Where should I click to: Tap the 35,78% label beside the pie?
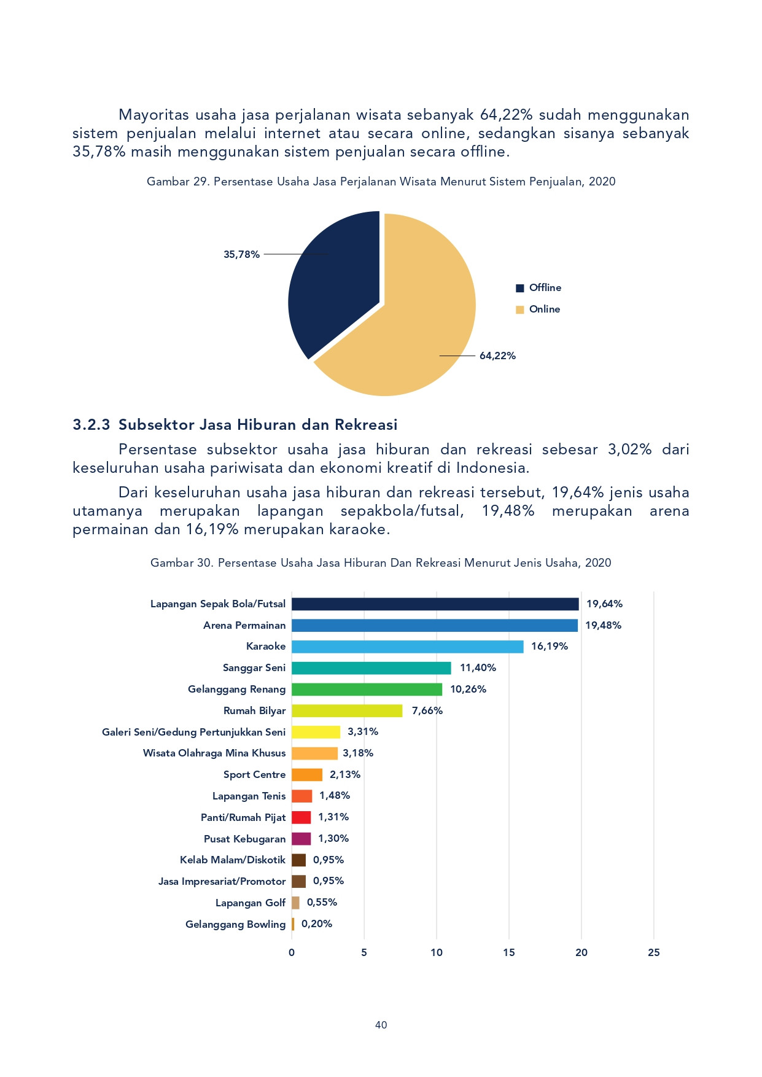click(241, 254)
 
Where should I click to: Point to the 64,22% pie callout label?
click(497, 356)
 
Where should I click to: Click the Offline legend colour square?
click(520, 288)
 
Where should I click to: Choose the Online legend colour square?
click(520, 309)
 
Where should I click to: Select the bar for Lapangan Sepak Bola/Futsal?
click(435, 604)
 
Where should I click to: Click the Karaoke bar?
click(408, 647)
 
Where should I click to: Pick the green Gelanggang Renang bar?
click(367, 690)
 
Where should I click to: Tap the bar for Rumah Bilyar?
click(347, 710)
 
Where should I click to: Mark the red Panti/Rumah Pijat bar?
click(301, 817)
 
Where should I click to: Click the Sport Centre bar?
click(307, 775)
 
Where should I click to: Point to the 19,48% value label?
click(603, 625)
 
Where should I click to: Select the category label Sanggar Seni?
click(254, 668)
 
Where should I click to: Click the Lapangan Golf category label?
click(251, 903)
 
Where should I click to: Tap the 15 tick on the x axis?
click(509, 952)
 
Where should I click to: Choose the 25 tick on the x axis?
click(654, 952)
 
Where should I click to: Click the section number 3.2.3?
click(91, 425)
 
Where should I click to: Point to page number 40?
click(381, 1025)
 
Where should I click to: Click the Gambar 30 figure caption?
click(381, 563)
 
